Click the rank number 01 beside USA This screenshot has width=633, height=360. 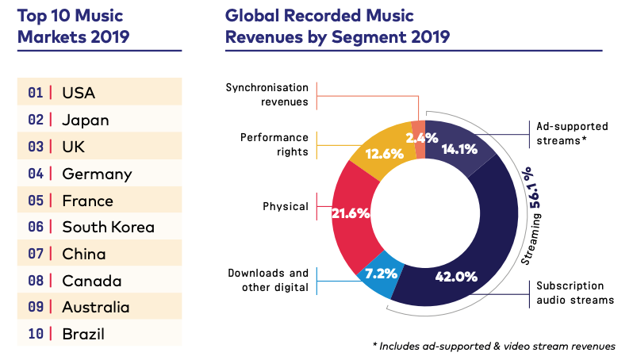coord(35,94)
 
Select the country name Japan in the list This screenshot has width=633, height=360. coord(86,121)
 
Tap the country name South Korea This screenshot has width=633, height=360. coord(108,228)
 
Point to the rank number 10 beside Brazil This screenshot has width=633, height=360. coord(35,334)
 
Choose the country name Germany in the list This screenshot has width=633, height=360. coord(97,174)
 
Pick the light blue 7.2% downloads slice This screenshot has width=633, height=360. coord(375,276)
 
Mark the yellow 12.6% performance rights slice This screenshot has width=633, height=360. coord(379,149)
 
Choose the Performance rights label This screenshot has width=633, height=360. coord(274,144)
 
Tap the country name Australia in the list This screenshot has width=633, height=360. coord(96,308)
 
